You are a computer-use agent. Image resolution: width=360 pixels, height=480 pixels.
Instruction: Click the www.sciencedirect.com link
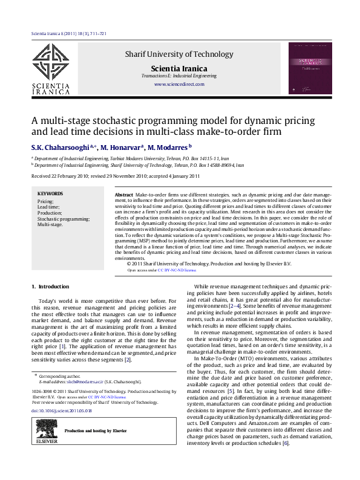(178, 85)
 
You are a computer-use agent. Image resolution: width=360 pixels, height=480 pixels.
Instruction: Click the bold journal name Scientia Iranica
(178, 69)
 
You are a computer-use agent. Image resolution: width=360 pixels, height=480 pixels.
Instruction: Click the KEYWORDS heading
(50, 194)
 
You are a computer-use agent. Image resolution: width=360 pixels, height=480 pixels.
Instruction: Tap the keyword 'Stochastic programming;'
(58, 218)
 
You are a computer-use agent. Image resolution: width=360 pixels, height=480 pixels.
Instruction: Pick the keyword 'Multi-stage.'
(50, 224)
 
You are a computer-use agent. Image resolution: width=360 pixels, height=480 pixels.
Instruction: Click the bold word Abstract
(124, 196)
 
